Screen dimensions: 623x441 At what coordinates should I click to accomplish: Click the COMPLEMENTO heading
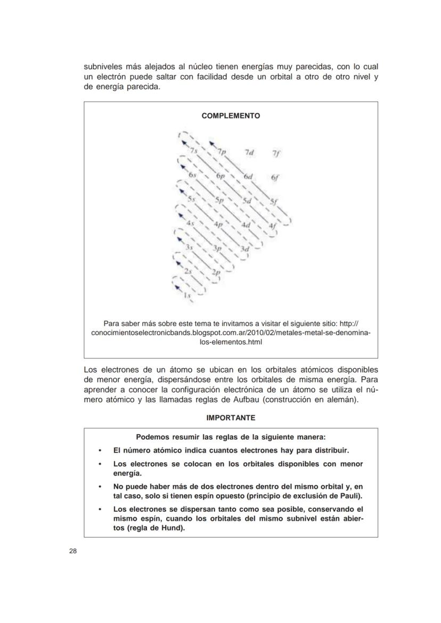231,115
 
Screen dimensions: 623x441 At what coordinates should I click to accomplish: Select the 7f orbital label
275,153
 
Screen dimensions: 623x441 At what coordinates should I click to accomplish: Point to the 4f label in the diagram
272,226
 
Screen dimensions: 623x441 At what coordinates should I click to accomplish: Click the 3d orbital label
245,249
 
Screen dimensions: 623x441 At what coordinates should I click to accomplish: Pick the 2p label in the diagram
216,272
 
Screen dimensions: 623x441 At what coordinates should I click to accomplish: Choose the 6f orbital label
275,178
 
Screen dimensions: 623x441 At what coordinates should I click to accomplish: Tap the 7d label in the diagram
249,153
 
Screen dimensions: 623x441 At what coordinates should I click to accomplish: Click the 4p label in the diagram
218,225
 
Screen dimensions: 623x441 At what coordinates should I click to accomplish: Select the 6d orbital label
248,176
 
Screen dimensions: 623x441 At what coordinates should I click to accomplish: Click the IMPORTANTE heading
231,418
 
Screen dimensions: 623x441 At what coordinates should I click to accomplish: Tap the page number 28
72,551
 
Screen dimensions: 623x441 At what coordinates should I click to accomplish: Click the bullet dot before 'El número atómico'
100,450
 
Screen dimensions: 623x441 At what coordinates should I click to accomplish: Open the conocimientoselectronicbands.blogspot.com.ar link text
231,333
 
